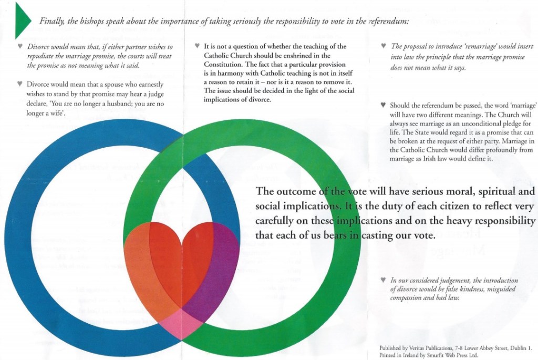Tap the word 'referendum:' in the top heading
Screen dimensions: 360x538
tap(385, 21)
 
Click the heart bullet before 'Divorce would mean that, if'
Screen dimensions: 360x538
tap(20, 46)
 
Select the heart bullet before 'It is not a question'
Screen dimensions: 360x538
tap(196, 46)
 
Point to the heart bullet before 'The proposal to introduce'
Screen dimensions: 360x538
tap(384, 46)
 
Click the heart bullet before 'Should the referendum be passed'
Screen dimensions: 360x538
tap(384, 105)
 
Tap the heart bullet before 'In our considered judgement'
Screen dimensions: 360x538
tap(384, 281)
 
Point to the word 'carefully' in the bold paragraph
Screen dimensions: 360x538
tap(277, 221)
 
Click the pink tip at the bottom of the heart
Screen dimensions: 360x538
tap(181, 323)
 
